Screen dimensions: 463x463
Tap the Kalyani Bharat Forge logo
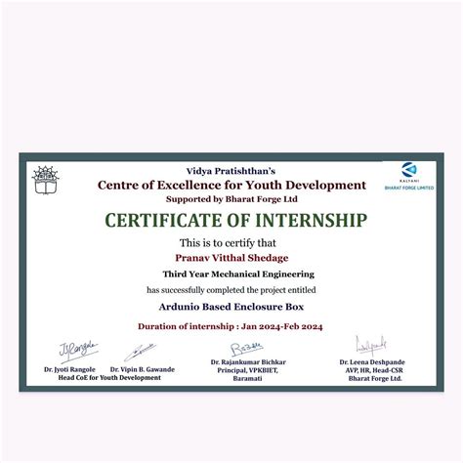pyautogui.click(x=409, y=173)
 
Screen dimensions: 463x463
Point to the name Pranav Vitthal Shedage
pyautogui.click(x=231, y=258)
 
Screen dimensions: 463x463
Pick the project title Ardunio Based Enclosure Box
pyautogui.click(x=231, y=308)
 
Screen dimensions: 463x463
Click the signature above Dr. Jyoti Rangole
pyautogui.click(x=78, y=348)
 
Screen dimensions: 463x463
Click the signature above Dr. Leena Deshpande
pyautogui.click(x=371, y=345)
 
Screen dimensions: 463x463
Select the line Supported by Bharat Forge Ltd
pyautogui.click(x=231, y=196)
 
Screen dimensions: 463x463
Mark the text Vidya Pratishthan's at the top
pyautogui.click(x=231, y=170)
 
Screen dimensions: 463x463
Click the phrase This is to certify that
pyautogui.click(x=231, y=242)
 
